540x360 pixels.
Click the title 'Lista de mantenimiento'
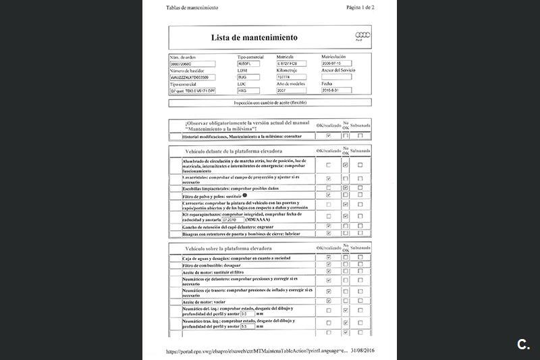pyautogui.click(x=254, y=38)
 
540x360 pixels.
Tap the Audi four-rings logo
pyautogui.click(x=362, y=36)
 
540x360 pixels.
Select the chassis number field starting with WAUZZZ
pyautogui.click(x=192, y=77)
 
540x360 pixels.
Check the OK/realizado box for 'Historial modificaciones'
pyautogui.click(x=328, y=136)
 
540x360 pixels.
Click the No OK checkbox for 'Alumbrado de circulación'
pyautogui.click(x=345, y=165)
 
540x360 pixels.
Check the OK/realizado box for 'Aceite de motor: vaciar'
pyautogui.click(x=328, y=301)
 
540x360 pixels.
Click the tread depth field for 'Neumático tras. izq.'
pyautogui.click(x=248, y=326)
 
